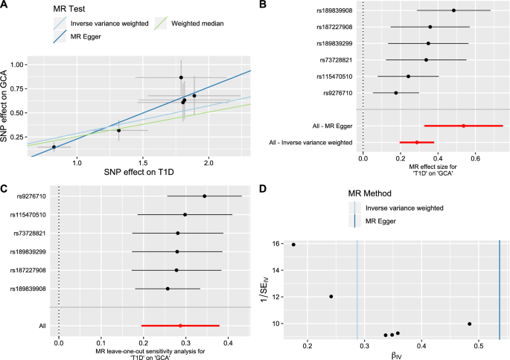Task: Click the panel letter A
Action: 5,5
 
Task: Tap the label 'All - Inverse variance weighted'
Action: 311,141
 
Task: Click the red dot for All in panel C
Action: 180,325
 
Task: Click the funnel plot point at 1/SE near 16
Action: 293,245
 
